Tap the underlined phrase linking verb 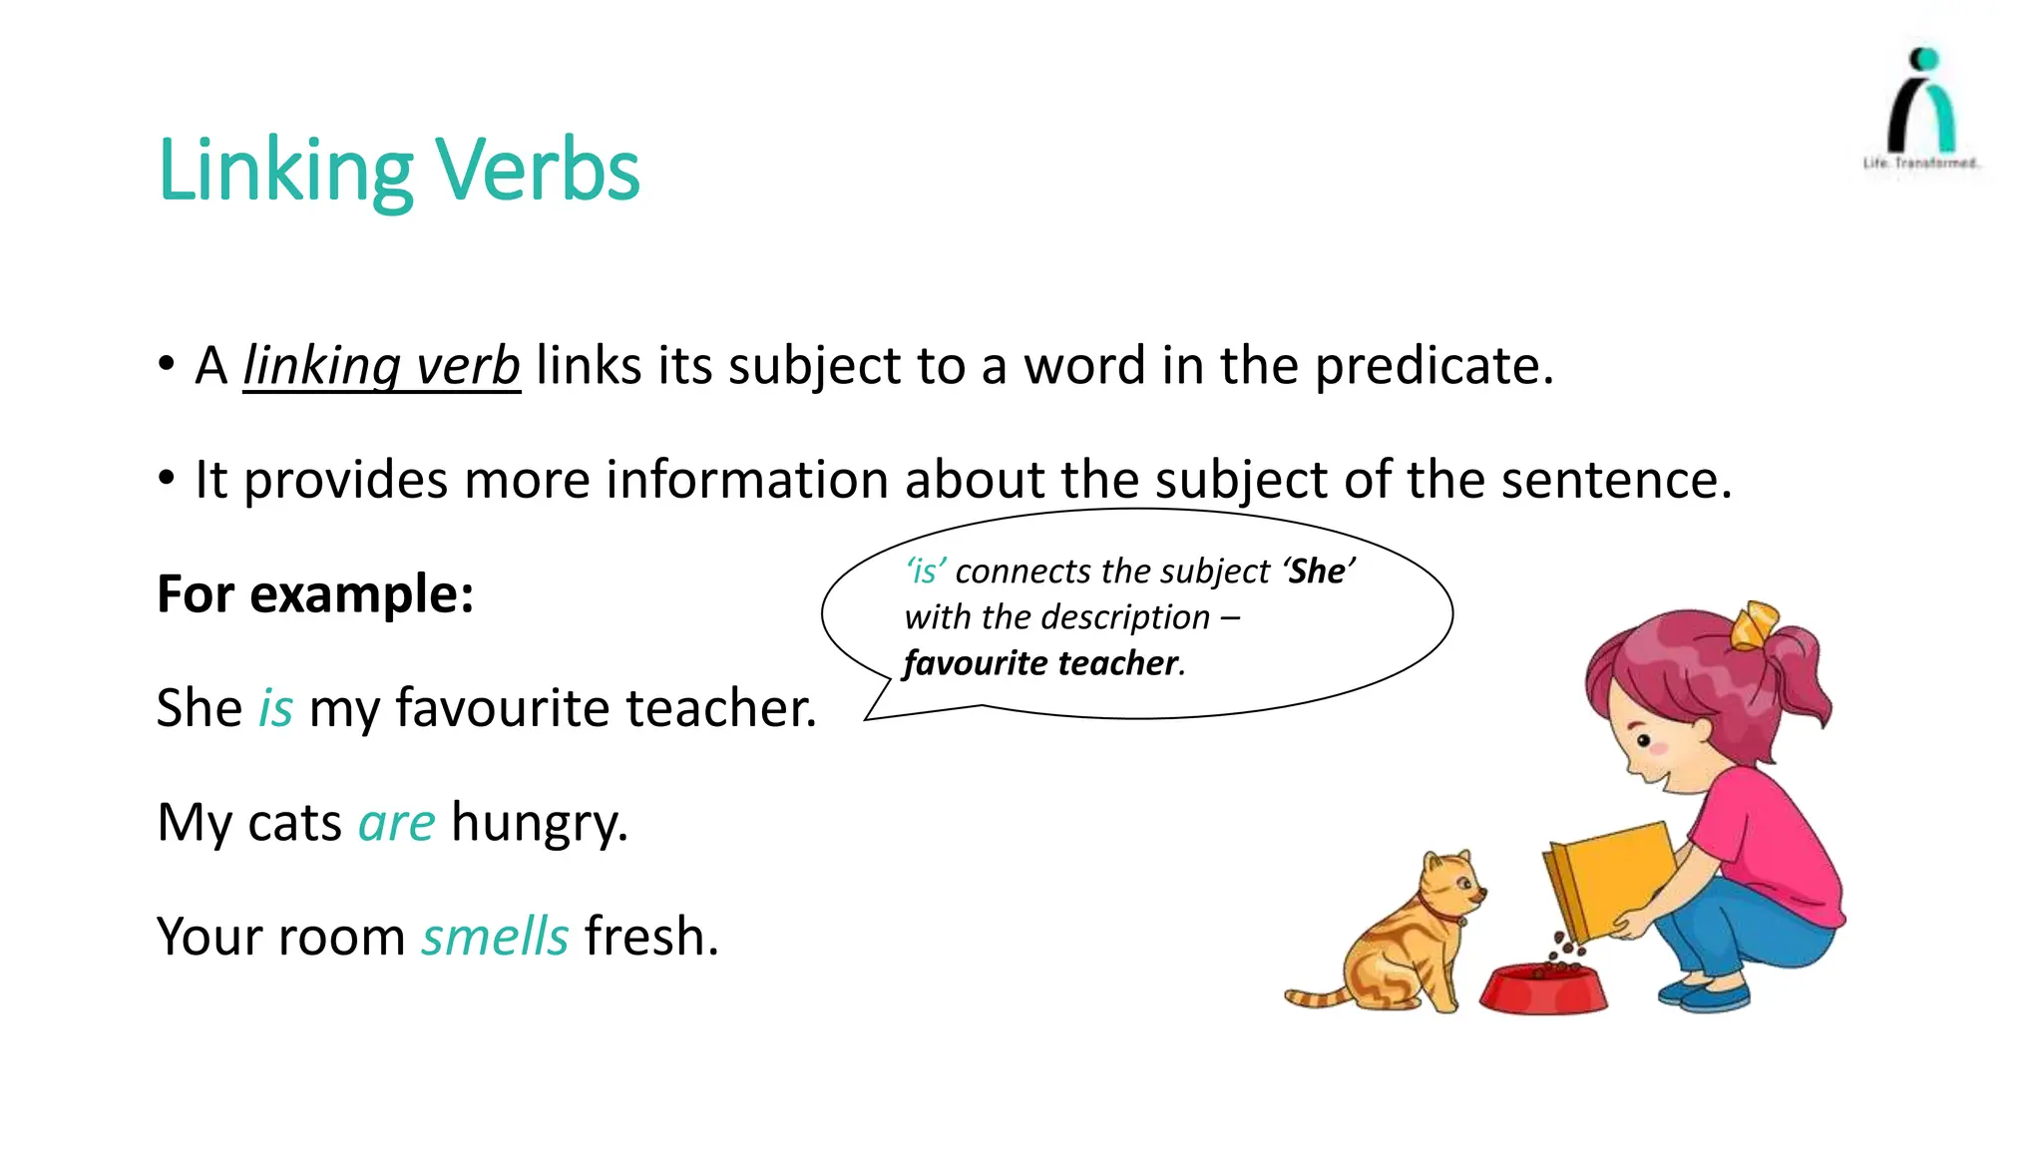coord(381,366)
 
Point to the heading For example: coord(315,594)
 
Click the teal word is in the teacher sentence coord(275,709)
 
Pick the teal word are coord(396,824)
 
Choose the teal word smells coord(495,938)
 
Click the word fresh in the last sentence coord(650,938)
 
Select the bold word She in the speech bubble coord(1317,572)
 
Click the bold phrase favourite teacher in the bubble coord(1040,663)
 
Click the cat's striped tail coord(1317,997)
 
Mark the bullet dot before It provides coord(167,479)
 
